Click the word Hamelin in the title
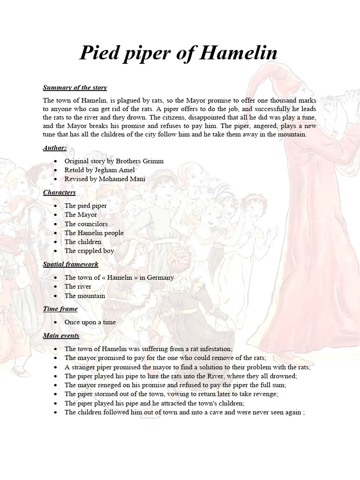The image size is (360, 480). tap(239, 53)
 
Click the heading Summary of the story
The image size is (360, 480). tap(75, 88)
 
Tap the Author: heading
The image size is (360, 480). tap(55, 148)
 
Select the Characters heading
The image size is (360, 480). tap(60, 193)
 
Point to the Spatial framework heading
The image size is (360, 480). tap(71, 264)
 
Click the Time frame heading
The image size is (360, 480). tap(60, 309)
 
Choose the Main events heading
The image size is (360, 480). tap(61, 336)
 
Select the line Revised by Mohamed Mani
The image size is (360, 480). tap(105, 179)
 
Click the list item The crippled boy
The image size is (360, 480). tap(89, 251)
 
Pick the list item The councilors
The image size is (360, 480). tap(86, 224)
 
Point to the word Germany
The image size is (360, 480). tap(160, 277)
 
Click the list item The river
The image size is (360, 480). tap(78, 286)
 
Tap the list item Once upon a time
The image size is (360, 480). tap(90, 322)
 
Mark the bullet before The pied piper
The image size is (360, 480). tap(55, 206)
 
